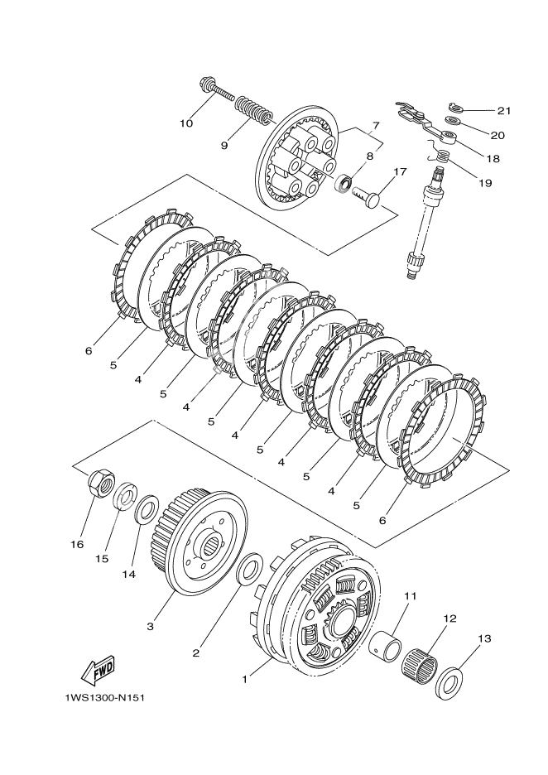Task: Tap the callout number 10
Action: tap(186, 124)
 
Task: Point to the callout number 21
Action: tap(504, 110)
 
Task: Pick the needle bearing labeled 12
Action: tap(424, 660)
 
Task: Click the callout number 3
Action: tap(150, 627)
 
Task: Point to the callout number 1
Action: tap(245, 678)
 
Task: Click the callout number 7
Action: tap(375, 125)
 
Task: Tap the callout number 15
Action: tap(102, 559)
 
